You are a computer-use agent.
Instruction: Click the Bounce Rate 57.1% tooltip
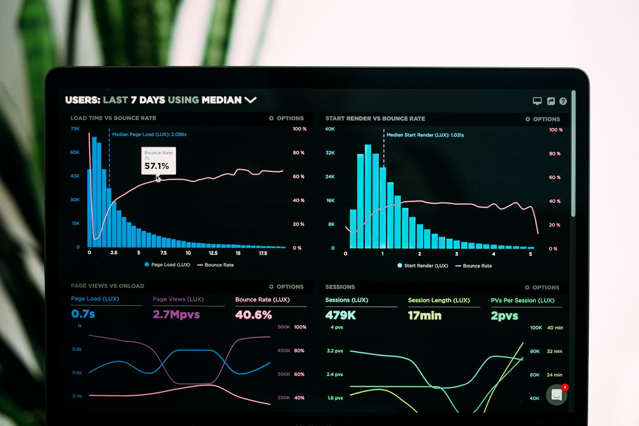(x=159, y=161)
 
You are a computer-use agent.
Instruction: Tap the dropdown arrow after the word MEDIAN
(x=250, y=100)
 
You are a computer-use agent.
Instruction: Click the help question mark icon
(x=563, y=101)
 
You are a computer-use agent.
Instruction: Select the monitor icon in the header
(x=537, y=101)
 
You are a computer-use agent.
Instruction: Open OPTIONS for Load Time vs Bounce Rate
(x=286, y=118)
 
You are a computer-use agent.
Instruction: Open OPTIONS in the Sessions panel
(x=542, y=287)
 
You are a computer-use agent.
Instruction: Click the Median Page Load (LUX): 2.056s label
(x=149, y=135)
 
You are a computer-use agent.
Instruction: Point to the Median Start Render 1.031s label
(x=425, y=135)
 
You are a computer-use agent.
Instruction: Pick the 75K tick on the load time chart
(x=75, y=129)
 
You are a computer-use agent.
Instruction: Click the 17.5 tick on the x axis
(x=263, y=253)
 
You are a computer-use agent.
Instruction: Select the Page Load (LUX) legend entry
(x=167, y=265)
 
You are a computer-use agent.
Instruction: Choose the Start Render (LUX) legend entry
(x=423, y=266)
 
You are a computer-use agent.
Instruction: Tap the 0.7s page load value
(x=83, y=314)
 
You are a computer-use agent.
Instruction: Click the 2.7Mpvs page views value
(x=176, y=315)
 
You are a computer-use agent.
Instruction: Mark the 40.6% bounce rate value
(x=253, y=315)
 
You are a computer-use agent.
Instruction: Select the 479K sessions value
(x=340, y=315)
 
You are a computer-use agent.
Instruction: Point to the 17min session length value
(x=425, y=316)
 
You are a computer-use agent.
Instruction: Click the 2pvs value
(x=504, y=316)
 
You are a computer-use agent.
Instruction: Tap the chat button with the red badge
(x=557, y=394)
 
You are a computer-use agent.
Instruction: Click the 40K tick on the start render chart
(x=330, y=129)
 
